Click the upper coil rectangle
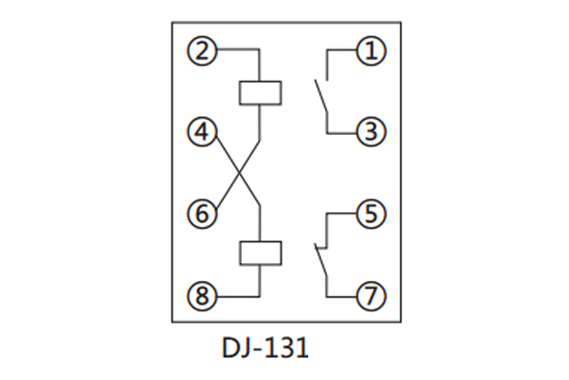(x=259, y=92)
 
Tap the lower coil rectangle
(x=259, y=253)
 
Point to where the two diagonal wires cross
(x=239, y=173)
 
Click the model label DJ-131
(x=258, y=349)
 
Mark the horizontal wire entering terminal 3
(x=342, y=132)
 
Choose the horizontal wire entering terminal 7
(x=342, y=296)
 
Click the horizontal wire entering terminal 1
(x=342, y=50)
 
